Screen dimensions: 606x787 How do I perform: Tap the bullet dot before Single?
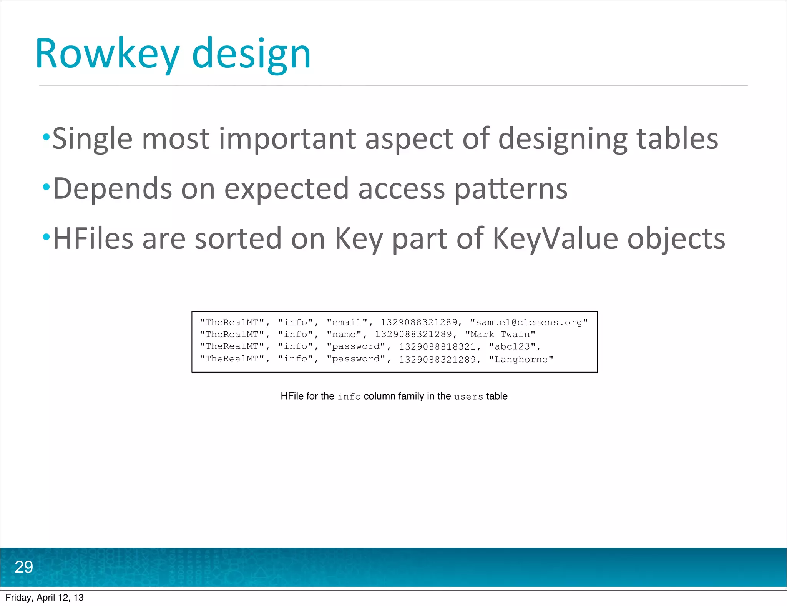coord(46,137)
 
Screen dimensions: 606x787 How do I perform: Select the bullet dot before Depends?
coord(46,187)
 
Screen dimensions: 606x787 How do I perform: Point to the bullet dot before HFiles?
coord(46,237)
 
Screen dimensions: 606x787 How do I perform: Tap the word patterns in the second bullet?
coord(511,189)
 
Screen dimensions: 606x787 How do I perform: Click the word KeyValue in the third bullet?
coord(555,239)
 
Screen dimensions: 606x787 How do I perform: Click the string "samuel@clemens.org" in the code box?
coord(529,322)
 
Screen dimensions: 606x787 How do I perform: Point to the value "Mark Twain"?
coord(500,335)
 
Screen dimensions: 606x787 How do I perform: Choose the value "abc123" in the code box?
coord(512,346)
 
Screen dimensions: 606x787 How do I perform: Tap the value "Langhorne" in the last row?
coord(521,359)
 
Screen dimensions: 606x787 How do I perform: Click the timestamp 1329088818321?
coord(437,346)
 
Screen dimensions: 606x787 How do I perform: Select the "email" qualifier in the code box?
coord(347,322)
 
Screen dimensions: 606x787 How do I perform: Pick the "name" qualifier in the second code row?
coord(344,335)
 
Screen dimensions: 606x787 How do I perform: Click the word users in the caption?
coord(468,396)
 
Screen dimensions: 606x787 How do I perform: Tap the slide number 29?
coord(24,567)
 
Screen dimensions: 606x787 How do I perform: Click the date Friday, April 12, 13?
coord(45,598)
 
